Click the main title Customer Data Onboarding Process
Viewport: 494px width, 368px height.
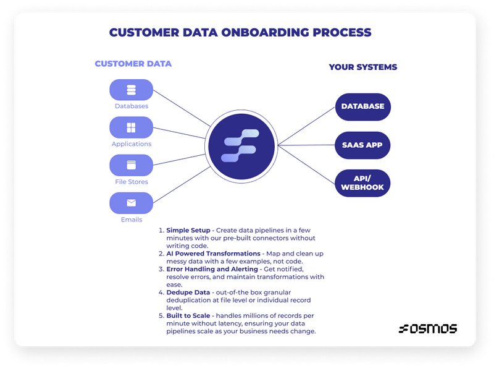(x=240, y=32)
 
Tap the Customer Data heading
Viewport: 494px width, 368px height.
(x=133, y=64)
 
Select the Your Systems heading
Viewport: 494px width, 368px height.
(x=362, y=67)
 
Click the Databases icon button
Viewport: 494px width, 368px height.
(x=131, y=90)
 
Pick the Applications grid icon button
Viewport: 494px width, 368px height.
(x=131, y=127)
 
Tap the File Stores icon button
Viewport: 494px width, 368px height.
(x=131, y=165)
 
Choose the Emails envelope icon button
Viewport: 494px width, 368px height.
(x=131, y=203)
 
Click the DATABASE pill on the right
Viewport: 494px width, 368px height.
(x=362, y=106)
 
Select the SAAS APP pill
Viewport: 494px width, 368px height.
(x=362, y=145)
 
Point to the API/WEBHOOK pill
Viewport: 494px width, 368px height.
(x=362, y=183)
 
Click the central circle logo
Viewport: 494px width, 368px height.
(x=240, y=146)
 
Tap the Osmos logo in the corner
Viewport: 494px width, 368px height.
(x=427, y=328)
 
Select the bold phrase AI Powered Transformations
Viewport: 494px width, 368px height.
(x=213, y=254)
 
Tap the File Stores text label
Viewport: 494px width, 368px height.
(x=131, y=182)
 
